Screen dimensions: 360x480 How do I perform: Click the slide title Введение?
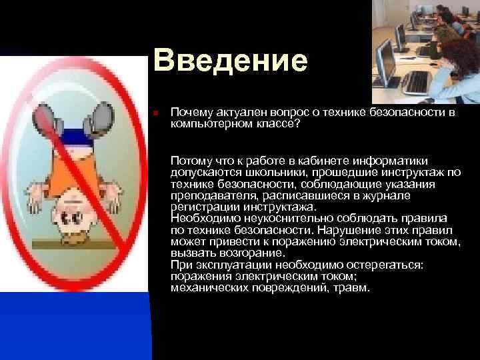click(230, 61)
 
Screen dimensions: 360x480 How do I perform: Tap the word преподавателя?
click(212, 195)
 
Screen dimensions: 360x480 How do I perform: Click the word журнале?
click(389, 195)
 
